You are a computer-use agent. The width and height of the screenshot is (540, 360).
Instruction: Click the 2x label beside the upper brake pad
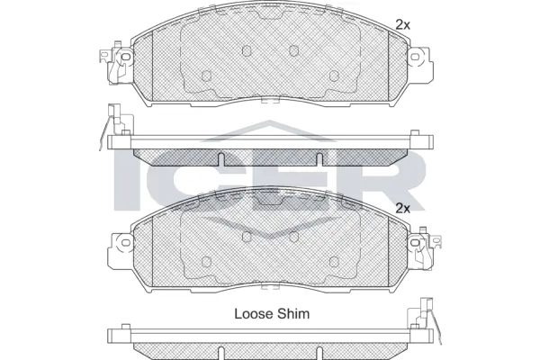click(402, 24)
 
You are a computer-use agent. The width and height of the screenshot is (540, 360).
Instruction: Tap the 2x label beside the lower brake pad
click(402, 208)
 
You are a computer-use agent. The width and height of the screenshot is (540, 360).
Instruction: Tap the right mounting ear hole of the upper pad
click(416, 58)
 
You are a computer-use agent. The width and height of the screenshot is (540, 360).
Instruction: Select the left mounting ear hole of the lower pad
click(123, 242)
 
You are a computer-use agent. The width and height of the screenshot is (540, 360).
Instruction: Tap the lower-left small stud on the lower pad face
click(206, 261)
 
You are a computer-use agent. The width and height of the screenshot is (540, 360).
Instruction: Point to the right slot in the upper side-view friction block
click(319, 160)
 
